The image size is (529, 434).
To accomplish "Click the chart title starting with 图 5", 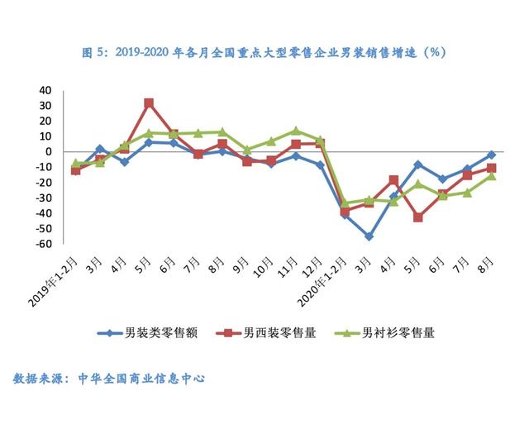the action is (x=264, y=53).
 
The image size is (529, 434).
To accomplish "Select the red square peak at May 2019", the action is (x=149, y=103).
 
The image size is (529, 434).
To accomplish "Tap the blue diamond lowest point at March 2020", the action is (x=369, y=237).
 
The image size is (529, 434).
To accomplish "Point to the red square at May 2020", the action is (x=418, y=217).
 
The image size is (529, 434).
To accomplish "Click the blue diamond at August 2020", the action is (x=492, y=155).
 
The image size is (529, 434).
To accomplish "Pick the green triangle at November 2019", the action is (x=296, y=131).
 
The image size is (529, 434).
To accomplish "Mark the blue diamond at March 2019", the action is (x=100, y=149).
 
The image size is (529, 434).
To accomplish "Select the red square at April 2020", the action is (x=393, y=180).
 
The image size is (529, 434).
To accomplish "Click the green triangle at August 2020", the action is (x=492, y=176).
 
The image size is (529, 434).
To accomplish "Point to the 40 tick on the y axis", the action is (x=45, y=90).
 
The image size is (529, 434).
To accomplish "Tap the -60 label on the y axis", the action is (x=44, y=244).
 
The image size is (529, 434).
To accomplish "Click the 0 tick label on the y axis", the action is (x=49, y=151).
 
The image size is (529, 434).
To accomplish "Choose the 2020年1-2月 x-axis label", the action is (x=323, y=281).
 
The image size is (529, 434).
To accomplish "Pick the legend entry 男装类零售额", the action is (x=147, y=333).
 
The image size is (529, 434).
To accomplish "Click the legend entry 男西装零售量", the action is (x=266, y=333).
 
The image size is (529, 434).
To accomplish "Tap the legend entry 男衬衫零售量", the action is (x=384, y=333).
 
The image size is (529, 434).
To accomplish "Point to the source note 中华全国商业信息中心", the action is (x=141, y=379).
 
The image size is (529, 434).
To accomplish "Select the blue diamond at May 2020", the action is (x=418, y=165).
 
